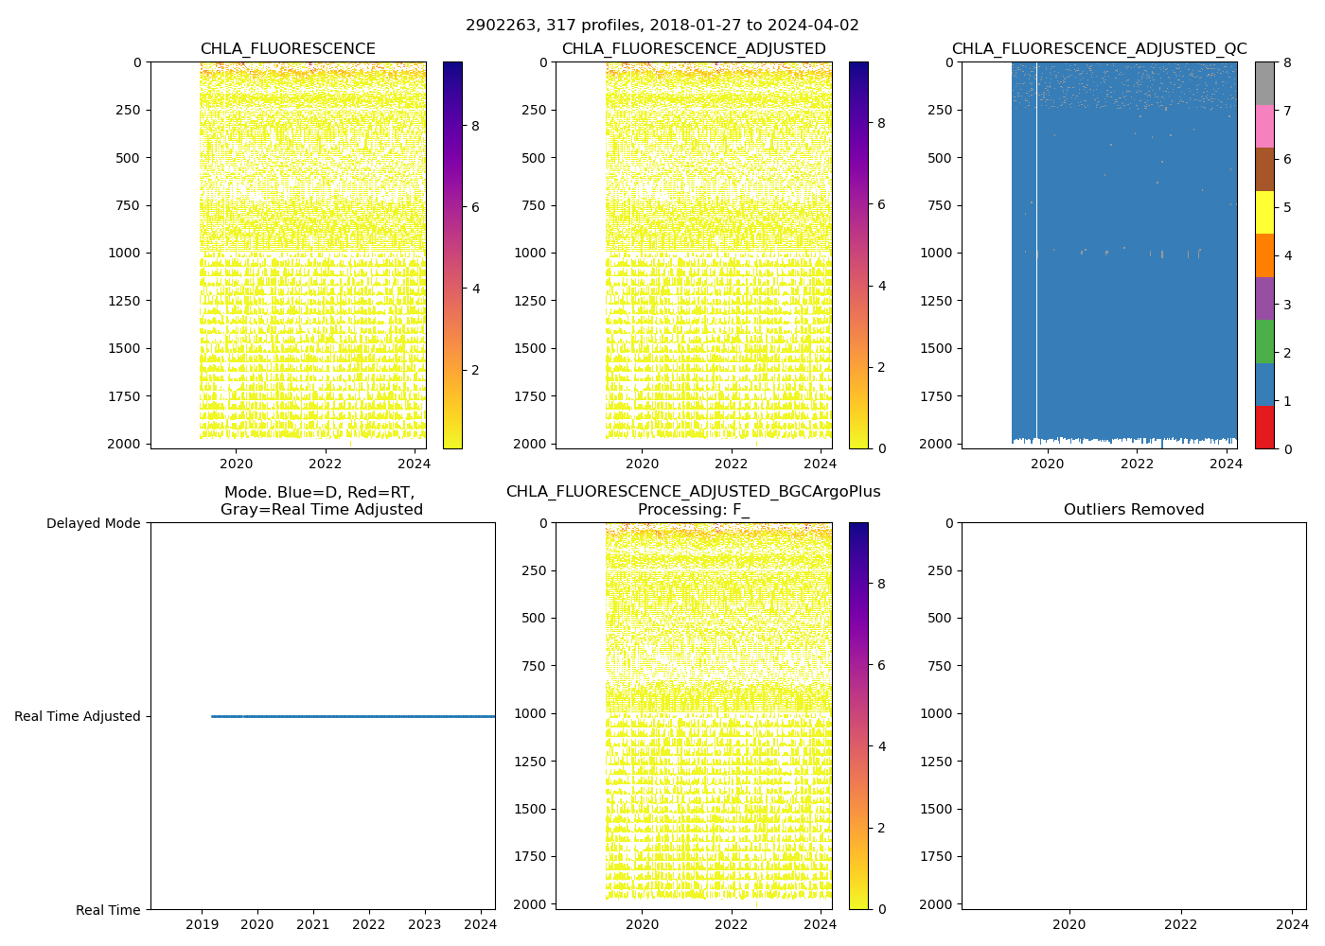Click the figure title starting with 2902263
[662, 26]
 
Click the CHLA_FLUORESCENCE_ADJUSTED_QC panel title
[1099, 49]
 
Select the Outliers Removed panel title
[1133, 510]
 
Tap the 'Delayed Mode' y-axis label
[93, 523]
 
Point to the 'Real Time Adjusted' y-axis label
[78, 717]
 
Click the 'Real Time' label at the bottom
[108, 910]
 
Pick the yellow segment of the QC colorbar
[1264, 212]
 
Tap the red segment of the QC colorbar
[1264, 427]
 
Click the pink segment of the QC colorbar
[1264, 126]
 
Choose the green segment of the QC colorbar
[1264, 342]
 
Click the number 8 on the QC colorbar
[1286, 62]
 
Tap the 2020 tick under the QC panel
[1047, 464]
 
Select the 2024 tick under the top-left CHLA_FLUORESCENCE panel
[414, 464]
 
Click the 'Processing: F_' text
[693, 510]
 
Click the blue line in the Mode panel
[350, 716]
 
